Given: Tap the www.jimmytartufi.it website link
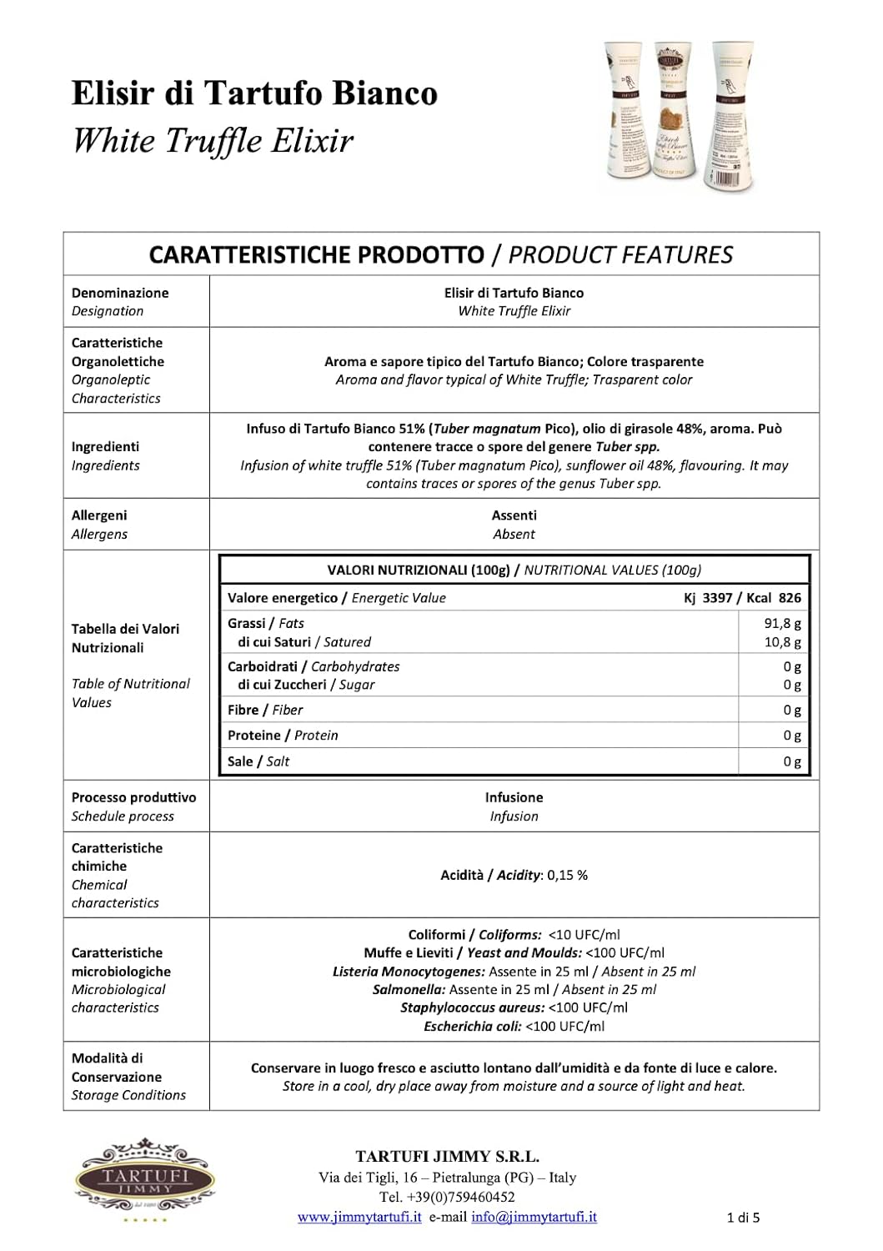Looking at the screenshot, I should tap(359, 1217).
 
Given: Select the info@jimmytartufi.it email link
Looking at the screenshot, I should tap(534, 1217).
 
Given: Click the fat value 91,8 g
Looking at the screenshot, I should tap(782, 623).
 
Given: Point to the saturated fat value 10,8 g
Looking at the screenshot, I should tap(782, 642).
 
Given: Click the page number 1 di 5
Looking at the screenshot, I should tap(743, 1218).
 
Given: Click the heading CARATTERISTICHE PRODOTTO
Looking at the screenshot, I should tap(316, 254).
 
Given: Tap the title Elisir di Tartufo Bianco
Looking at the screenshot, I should tap(254, 93).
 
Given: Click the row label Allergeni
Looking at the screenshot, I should tap(99, 515).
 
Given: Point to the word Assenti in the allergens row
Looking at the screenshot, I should tap(514, 515).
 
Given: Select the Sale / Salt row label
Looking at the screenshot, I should tap(258, 761).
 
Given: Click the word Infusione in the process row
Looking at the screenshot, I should tap(514, 797).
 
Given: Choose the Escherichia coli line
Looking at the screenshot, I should tap(514, 1026).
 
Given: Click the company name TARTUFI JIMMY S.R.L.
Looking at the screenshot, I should tap(447, 1157).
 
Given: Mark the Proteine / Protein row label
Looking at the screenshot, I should tap(283, 735).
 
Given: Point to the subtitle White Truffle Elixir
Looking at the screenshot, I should tap(213, 140).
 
